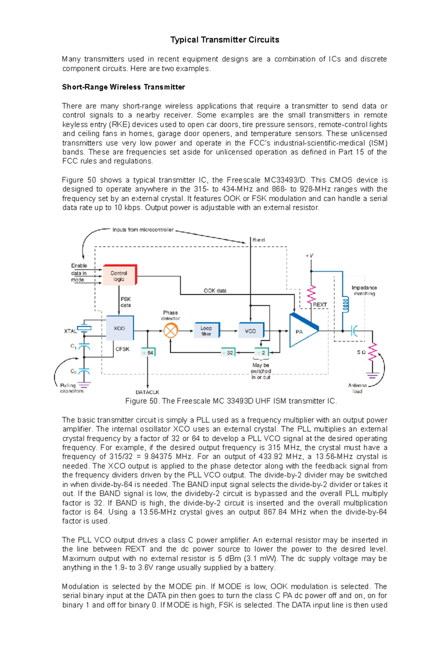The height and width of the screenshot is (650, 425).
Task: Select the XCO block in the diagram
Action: [120, 328]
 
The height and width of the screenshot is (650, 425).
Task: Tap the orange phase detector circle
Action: [171, 331]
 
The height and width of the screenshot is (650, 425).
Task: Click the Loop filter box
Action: [206, 330]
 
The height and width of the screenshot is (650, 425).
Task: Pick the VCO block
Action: [251, 331]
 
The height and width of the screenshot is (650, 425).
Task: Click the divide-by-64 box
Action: [148, 353]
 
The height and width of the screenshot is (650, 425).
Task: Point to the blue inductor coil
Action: [345, 304]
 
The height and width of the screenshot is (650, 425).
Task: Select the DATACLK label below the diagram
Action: [147, 392]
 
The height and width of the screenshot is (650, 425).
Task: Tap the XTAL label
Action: [70, 331]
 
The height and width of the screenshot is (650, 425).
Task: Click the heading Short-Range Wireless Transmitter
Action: [123, 87]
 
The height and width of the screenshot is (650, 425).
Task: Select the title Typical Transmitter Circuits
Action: [225, 40]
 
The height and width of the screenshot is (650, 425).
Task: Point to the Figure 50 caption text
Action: [231, 401]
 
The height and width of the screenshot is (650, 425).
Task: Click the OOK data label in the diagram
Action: [215, 290]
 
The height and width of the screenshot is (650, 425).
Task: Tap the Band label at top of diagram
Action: [259, 240]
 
